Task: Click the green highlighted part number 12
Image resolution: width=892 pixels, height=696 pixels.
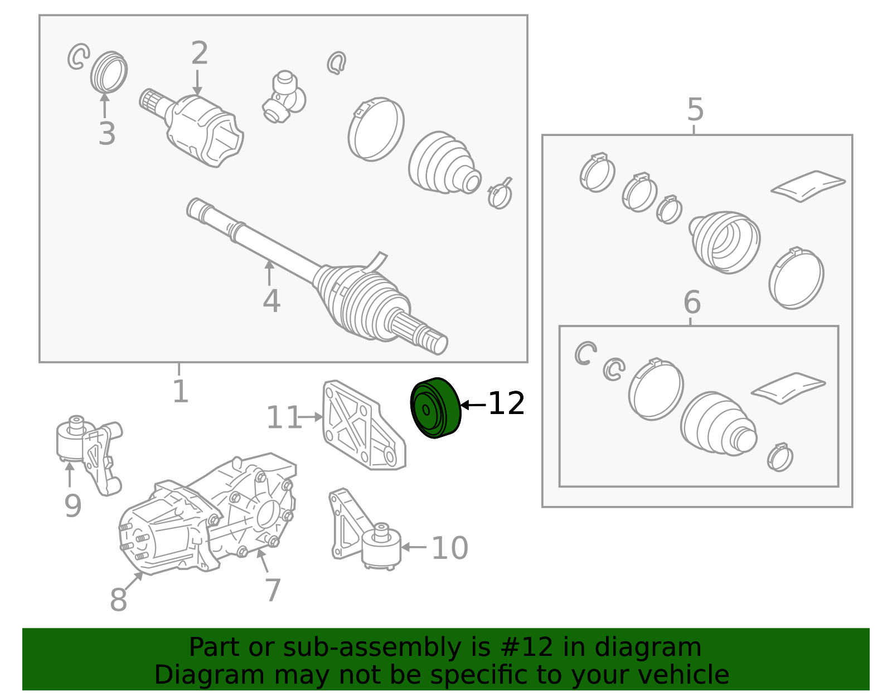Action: coord(436,408)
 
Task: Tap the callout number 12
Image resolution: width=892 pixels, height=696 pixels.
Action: coord(507,403)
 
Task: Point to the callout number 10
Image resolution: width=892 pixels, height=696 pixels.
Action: coord(450,548)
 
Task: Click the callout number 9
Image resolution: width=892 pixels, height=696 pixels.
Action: coord(73,505)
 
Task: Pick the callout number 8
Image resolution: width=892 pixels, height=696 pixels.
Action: coord(118,599)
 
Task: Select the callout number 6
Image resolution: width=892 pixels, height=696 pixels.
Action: coord(692,301)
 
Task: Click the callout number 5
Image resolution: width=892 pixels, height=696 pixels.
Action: coord(695,110)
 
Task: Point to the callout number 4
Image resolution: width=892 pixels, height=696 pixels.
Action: coord(272,300)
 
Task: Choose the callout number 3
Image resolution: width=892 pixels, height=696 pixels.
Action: coord(106,133)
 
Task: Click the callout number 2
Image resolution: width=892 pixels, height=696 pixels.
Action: coord(200,53)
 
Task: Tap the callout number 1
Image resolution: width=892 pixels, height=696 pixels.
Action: coord(181,391)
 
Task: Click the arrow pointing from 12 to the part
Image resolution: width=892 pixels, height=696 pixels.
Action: coord(473,405)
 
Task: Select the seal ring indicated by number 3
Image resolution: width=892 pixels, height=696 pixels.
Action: coord(109,72)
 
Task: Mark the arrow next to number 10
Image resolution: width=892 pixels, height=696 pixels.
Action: coord(413,547)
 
